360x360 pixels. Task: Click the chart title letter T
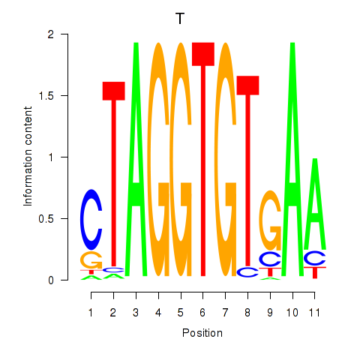click(x=180, y=19)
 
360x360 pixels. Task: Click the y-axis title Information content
click(x=28, y=156)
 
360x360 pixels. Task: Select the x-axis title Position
click(x=202, y=333)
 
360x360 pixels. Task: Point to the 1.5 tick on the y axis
click(x=64, y=95)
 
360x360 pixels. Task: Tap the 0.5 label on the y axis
click(x=46, y=219)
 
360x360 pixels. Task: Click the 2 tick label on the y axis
click(x=51, y=34)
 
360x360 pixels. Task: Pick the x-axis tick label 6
click(x=202, y=312)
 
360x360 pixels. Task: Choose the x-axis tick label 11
click(x=314, y=312)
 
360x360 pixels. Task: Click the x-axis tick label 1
click(x=91, y=312)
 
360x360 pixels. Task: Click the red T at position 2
click(x=114, y=175)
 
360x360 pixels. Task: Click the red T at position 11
click(x=315, y=272)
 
